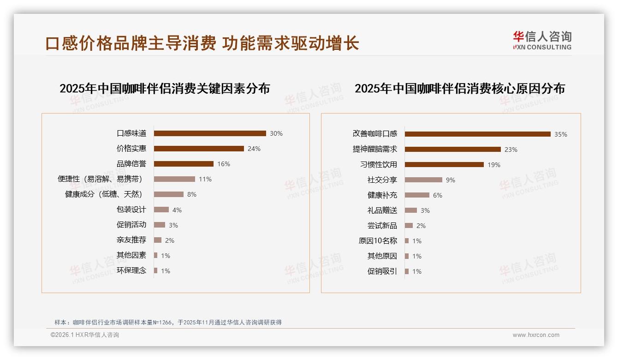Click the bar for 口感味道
[x=210, y=133]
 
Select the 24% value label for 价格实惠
[x=254, y=149]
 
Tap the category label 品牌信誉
[x=131, y=164]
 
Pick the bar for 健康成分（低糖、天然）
[x=169, y=194]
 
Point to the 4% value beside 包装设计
[x=177, y=210]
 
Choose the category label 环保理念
[x=131, y=270]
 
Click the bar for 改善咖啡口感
[x=478, y=134]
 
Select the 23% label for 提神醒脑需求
[x=511, y=150]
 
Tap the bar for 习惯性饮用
[x=444, y=165]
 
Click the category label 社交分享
[x=382, y=180]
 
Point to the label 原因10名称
[x=378, y=241]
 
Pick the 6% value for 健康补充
[x=438, y=195]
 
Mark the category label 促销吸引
[x=382, y=271]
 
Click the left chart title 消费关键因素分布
[x=165, y=88]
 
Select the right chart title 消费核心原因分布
[x=460, y=88]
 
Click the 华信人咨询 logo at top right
[x=542, y=40]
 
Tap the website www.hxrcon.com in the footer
[x=536, y=335]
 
